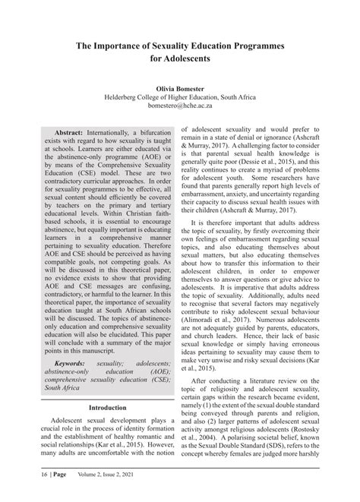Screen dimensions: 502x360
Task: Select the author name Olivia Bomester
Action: point(179,88)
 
